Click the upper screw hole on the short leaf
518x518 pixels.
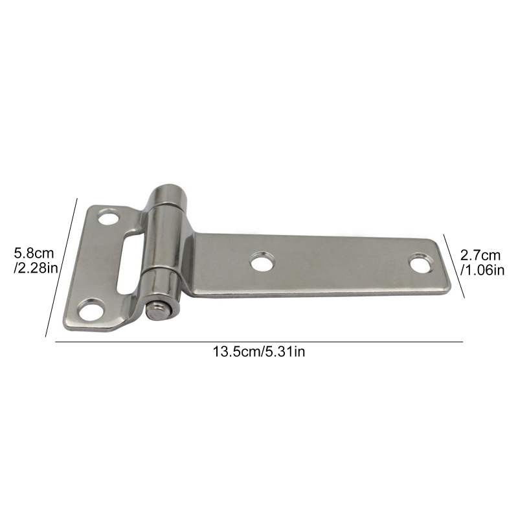pos(109,216)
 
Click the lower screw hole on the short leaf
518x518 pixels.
pos(91,310)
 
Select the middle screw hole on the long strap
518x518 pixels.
pos(263,262)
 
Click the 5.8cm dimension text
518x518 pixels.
pos(34,253)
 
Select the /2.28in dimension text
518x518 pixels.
pos(36,268)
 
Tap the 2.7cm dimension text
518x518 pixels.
pos(480,255)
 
